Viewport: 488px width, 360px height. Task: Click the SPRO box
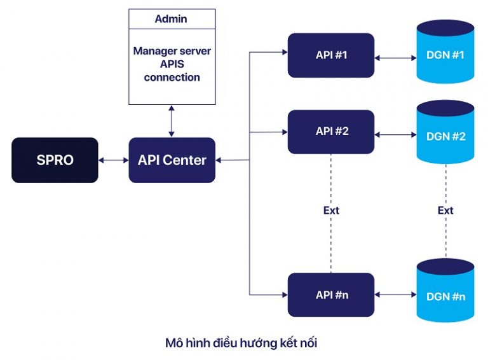[55, 160]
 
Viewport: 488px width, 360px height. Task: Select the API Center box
[172, 160]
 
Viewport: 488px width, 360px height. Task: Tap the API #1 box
[331, 55]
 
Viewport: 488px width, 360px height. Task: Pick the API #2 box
[331, 132]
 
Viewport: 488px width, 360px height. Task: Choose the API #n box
[331, 294]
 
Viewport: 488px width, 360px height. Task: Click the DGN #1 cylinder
[445, 54]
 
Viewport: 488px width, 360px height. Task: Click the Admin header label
[172, 19]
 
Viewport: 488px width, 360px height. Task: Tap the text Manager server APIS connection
[172, 64]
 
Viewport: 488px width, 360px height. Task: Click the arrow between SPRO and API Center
[114, 160]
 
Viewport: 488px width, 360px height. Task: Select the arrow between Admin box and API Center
[172, 121]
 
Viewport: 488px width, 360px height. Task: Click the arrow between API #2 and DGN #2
[395, 135]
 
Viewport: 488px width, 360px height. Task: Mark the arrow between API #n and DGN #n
[395, 294]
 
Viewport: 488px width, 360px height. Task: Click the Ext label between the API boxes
[331, 210]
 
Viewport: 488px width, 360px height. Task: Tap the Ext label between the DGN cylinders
[445, 210]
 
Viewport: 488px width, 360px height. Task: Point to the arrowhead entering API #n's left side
[284, 294]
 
